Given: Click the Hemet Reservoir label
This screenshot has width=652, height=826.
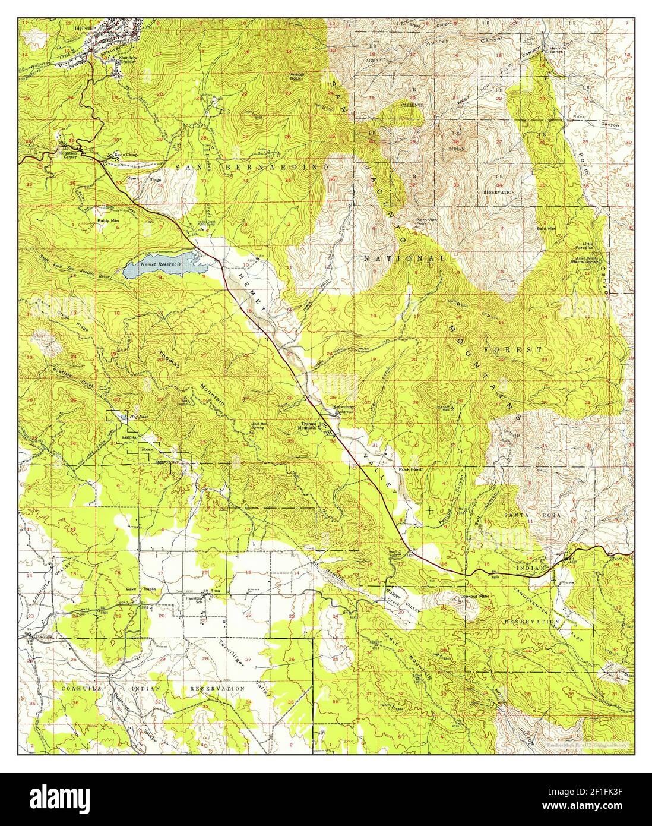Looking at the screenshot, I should tap(156, 264).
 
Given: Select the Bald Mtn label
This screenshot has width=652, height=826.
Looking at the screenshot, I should tap(545, 228).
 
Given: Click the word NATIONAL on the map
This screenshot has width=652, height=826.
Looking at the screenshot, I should tap(404, 259).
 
